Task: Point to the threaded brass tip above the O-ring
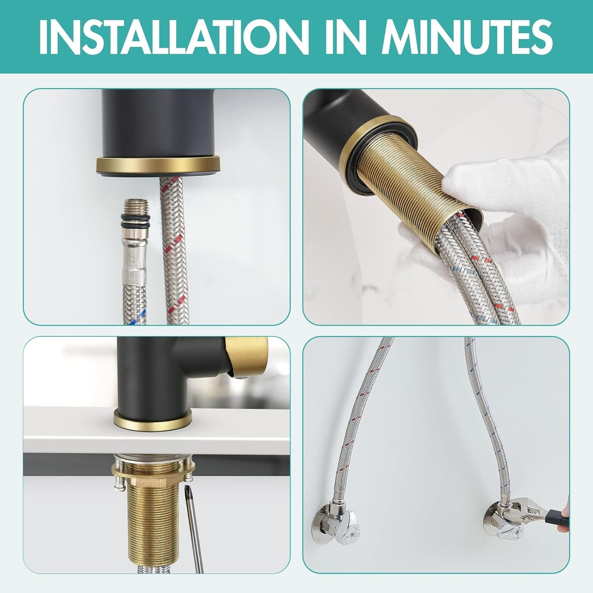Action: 135,206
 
